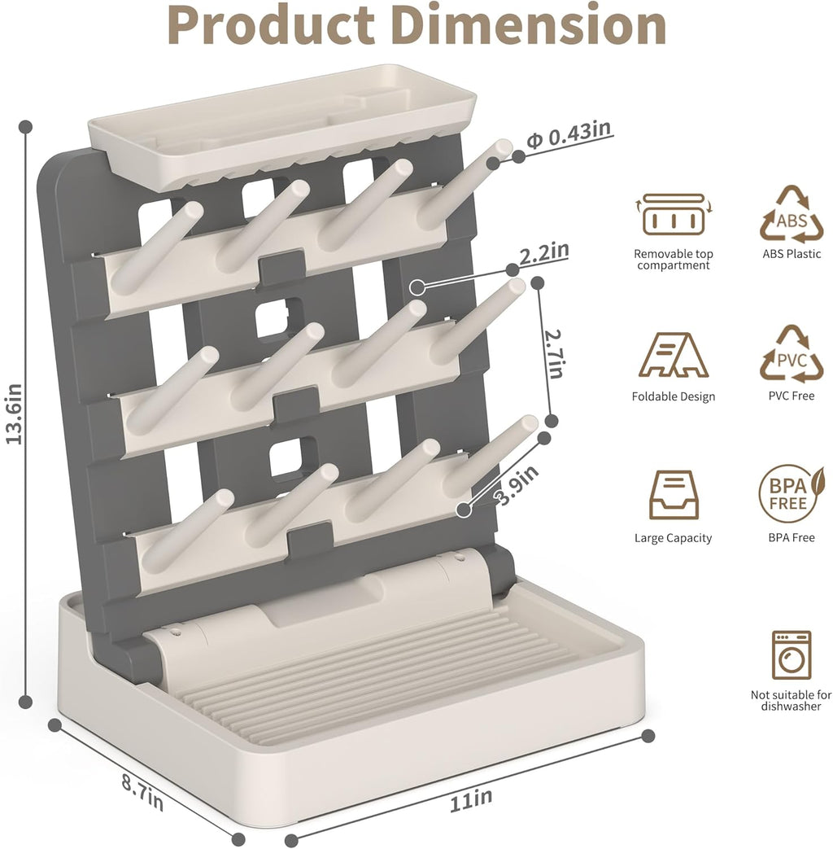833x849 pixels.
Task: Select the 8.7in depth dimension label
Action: (x=142, y=792)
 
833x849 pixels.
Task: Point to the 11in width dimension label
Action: (x=471, y=800)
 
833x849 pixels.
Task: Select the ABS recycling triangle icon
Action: (x=792, y=216)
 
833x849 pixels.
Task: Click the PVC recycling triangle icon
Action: (x=792, y=355)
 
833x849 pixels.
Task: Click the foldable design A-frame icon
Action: (x=673, y=355)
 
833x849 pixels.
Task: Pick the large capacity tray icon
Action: (x=673, y=495)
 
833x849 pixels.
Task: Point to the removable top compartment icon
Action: (x=673, y=215)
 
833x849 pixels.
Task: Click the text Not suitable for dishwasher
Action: (x=791, y=701)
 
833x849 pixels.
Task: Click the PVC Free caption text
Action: (x=792, y=396)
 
